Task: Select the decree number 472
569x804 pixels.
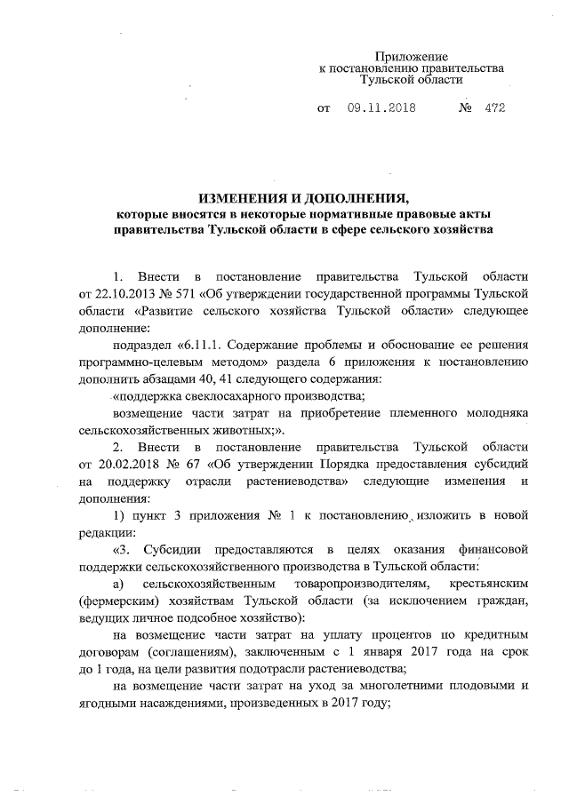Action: [495, 109]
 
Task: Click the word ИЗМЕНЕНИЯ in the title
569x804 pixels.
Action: [246, 196]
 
